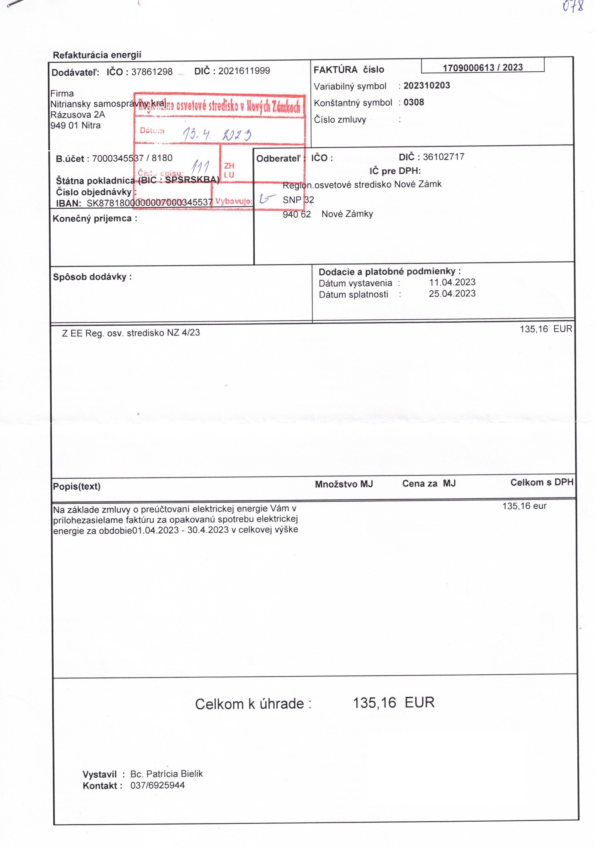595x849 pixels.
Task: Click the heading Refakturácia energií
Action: tap(97, 55)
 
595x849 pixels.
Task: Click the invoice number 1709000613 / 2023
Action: tap(483, 67)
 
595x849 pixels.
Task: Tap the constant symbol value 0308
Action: tap(413, 103)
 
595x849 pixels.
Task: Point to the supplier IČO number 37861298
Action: tap(152, 72)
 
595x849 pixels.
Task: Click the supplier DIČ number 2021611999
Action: tap(244, 71)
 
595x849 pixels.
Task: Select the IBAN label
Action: tap(68, 203)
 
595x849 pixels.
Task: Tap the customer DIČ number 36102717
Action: tap(443, 157)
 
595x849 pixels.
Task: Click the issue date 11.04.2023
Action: tap(452, 282)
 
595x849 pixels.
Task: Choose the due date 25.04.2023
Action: tap(452, 294)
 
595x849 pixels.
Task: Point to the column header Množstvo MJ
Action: tap(344, 484)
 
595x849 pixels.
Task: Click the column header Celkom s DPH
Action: tap(541, 482)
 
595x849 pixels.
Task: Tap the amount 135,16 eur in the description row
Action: tap(524, 506)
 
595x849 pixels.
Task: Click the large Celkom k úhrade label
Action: tap(253, 704)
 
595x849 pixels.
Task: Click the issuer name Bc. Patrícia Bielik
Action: tap(166, 774)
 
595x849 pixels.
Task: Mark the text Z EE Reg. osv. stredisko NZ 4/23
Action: tap(131, 333)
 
